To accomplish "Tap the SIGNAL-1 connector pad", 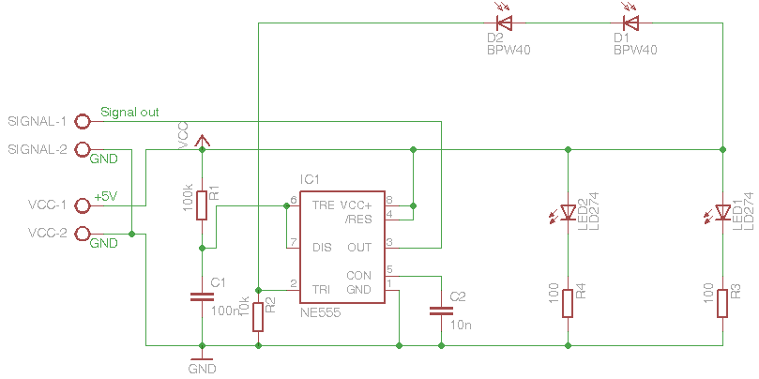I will tap(82, 121).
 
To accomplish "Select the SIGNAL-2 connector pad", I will tap(82, 149).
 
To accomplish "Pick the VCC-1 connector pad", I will tap(82, 205).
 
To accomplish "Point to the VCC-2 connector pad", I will tap(82, 233).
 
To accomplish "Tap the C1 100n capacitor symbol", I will tap(202, 297).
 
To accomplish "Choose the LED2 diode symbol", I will tap(568, 212).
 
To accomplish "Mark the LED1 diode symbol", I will tap(722, 212).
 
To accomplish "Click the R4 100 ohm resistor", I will tap(568, 303).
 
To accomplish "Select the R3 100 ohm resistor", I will tap(722, 303).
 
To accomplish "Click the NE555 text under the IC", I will tap(321, 311).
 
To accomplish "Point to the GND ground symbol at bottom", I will tap(202, 358).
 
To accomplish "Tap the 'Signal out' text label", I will tap(129, 112).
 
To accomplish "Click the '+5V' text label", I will tap(106, 197).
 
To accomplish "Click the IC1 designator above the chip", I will tap(311, 178).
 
